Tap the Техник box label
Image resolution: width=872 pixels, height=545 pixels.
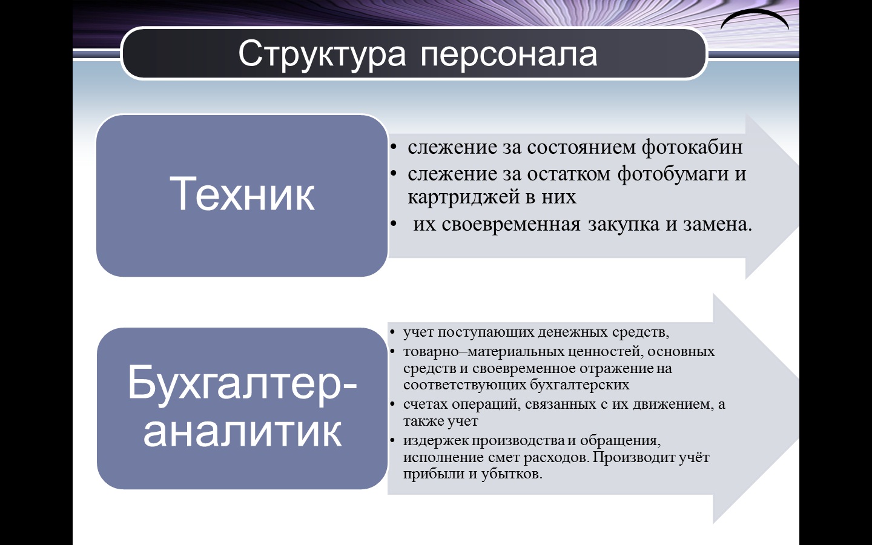[x=242, y=194]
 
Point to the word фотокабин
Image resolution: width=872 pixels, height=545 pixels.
[x=692, y=147]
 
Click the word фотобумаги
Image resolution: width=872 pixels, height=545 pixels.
[x=673, y=174]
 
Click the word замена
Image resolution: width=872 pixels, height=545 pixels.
[x=718, y=225]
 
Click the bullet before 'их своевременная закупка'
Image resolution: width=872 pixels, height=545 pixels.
[x=394, y=224]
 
